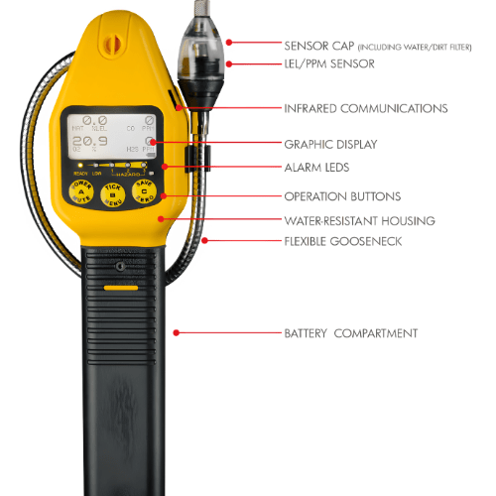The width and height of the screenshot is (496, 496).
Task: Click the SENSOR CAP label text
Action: [317, 45]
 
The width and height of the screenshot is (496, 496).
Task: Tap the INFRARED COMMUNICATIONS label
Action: [365, 108]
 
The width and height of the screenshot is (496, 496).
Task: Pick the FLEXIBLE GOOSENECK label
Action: [335, 240]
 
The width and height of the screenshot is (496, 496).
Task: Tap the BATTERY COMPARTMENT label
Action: [350, 332]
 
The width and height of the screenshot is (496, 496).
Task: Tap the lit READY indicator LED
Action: [79, 166]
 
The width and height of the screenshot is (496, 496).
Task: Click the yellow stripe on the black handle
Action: [121, 288]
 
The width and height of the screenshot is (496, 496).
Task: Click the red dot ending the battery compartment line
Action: [177, 332]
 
